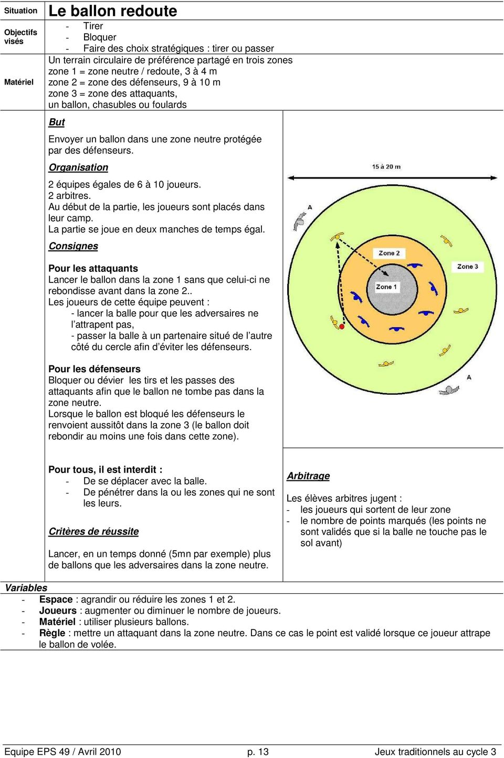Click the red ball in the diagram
click(x=342, y=327)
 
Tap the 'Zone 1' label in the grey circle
click(x=386, y=287)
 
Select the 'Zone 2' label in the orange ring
click(x=389, y=253)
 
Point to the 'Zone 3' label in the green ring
click(x=467, y=267)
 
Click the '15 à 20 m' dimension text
click(x=386, y=167)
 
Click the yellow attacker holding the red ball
click(x=335, y=322)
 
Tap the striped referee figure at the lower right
click(x=449, y=389)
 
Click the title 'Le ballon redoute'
click(x=113, y=11)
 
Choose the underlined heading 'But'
click(x=57, y=122)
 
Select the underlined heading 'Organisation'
click(x=78, y=167)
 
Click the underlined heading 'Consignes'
click(x=73, y=246)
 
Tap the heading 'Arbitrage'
click(x=308, y=476)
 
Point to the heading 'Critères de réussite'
click(x=93, y=532)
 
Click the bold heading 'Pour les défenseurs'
click(x=94, y=369)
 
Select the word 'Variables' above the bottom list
click(x=26, y=588)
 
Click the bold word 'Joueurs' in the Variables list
click(x=58, y=610)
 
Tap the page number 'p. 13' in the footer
click(x=258, y=752)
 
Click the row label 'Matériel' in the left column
click(x=19, y=82)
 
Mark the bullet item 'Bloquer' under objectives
click(x=100, y=37)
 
